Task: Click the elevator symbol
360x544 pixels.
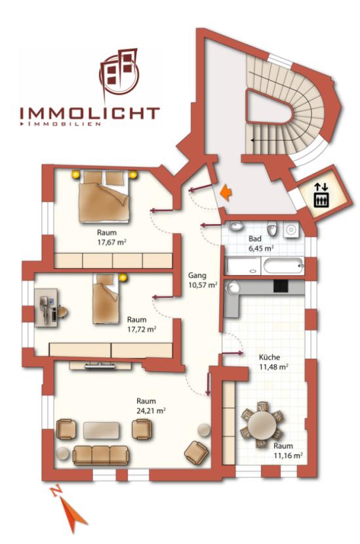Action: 321,195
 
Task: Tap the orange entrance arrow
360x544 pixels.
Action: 226,192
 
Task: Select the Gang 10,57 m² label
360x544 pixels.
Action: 203,281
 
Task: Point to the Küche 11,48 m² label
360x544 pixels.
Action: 274,362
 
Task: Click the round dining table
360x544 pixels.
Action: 263,424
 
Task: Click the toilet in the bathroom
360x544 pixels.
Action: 272,229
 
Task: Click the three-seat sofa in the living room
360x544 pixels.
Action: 101,455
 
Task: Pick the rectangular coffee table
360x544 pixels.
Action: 102,431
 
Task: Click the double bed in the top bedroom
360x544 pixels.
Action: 104,197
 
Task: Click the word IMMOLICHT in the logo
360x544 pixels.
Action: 90,113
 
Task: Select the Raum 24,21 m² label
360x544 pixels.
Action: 151,406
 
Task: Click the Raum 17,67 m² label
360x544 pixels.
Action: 111,237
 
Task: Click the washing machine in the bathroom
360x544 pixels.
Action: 290,229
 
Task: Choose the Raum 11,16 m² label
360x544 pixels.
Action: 288,451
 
